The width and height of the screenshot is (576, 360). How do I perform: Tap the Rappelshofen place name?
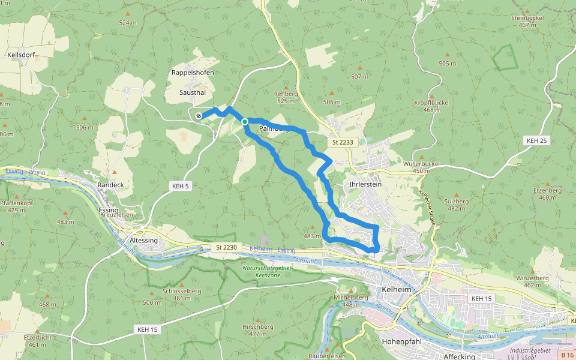(193, 73)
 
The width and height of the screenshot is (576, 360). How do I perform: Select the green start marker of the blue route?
(245, 122)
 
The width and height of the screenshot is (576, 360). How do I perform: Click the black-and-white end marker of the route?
(199, 115)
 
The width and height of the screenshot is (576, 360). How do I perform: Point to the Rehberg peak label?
(286, 94)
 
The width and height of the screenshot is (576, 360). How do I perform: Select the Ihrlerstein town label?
(362, 184)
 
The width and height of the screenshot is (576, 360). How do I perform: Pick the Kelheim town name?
(395, 290)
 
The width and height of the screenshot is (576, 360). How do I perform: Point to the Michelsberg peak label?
(351, 298)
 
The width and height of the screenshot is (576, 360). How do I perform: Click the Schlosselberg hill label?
(182, 291)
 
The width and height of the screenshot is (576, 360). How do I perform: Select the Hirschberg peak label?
(257, 327)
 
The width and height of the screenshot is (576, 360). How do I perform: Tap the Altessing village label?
(143, 240)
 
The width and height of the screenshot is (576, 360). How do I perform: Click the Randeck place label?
(110, 185)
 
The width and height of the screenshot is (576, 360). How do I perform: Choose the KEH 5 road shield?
(179, 186)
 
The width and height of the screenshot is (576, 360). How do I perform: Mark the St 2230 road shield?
(227, 247)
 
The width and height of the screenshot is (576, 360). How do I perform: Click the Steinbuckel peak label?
(527, 18)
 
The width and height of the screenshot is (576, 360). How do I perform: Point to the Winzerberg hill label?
(533, 278)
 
